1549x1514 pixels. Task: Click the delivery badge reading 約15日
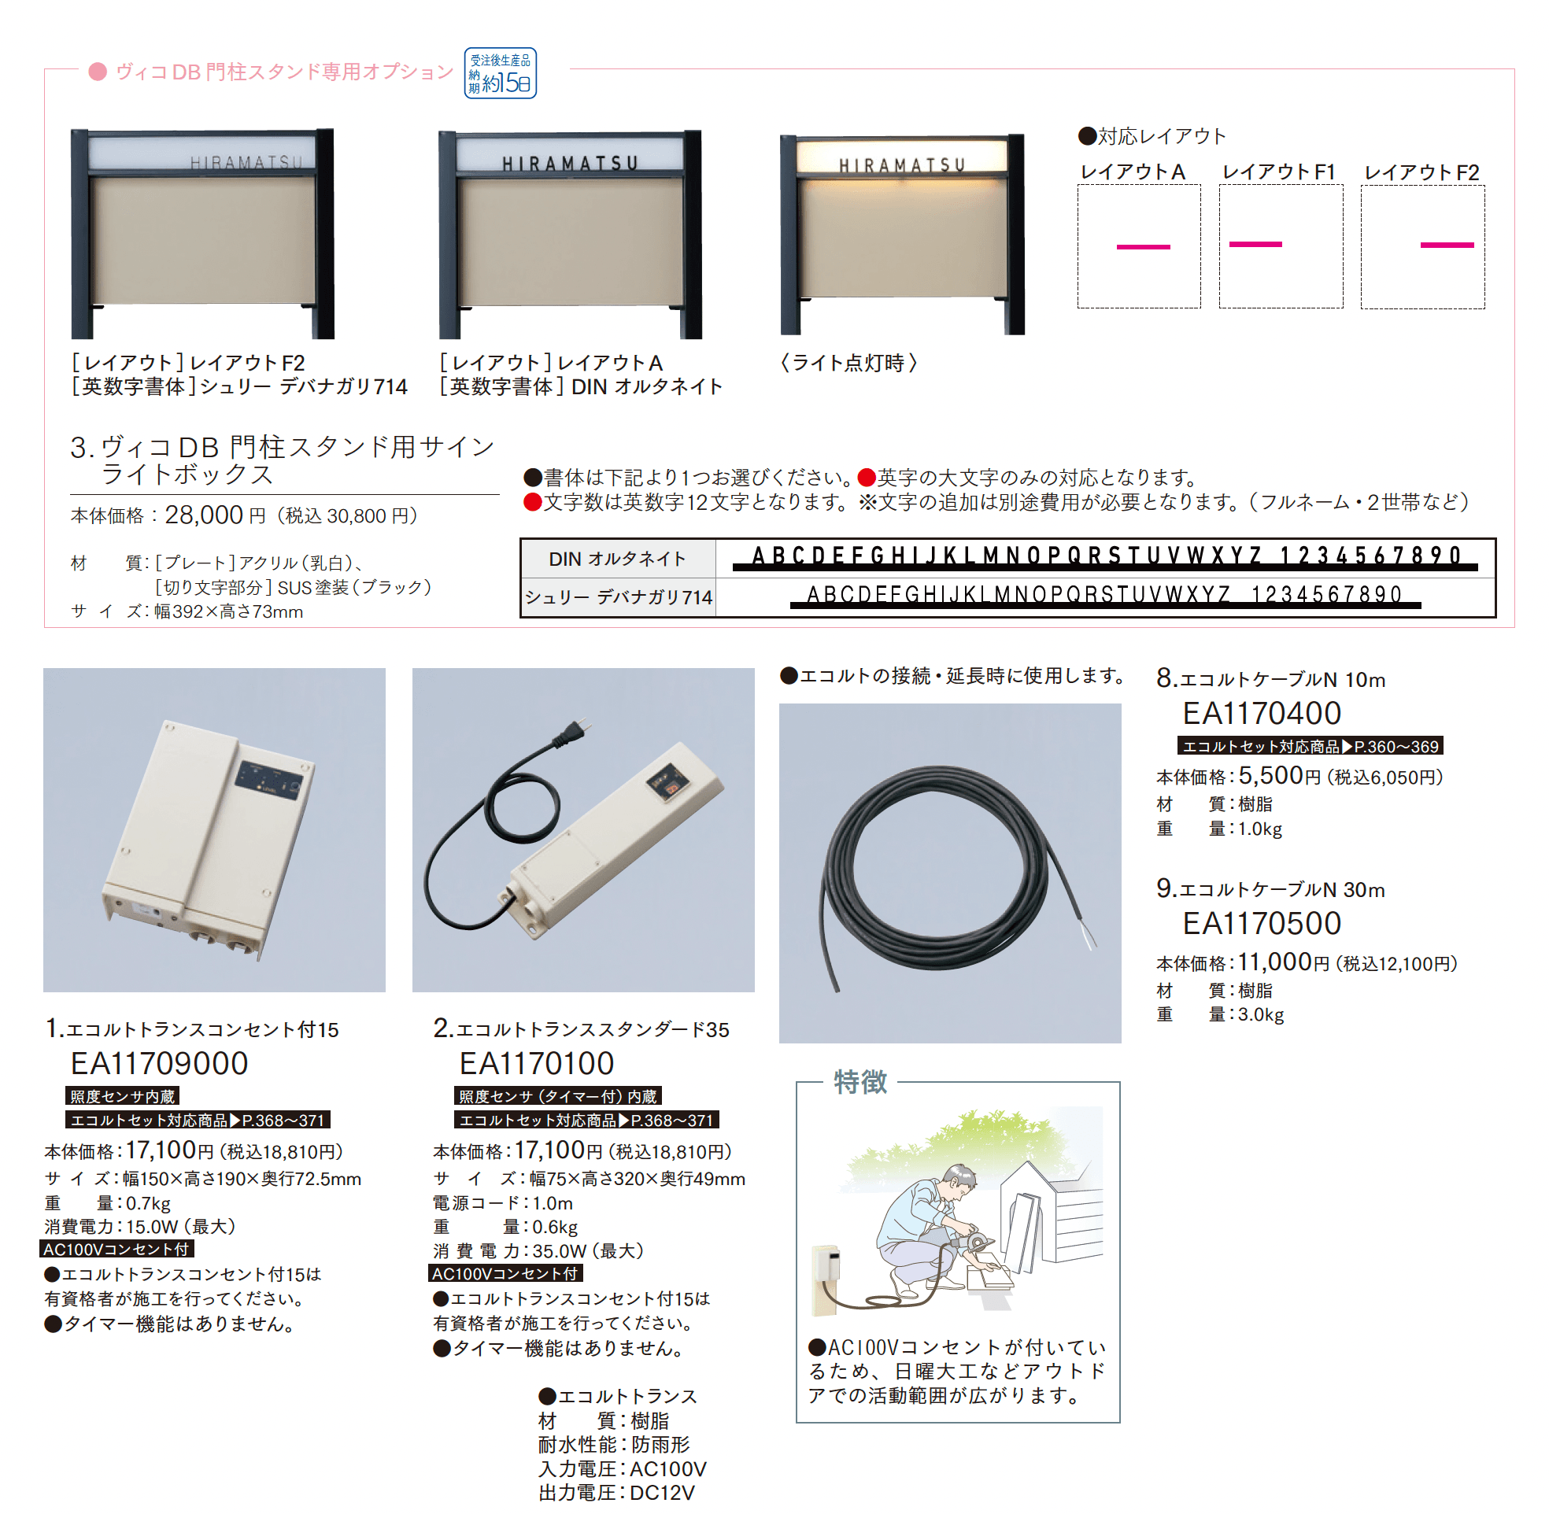[x=500, y=73]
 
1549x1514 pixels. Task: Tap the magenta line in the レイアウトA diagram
[x=1143, y=247]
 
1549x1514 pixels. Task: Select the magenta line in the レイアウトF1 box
[x=1255, y=244]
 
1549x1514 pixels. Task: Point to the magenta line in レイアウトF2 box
[x=1447, y=245]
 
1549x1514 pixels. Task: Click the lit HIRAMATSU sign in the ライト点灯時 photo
[x=902, y=164]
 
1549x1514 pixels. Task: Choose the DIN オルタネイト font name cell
[x=617, y=559]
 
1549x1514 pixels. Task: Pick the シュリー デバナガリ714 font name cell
[x=618, y=597]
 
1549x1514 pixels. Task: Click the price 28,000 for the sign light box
[x=204, y=515]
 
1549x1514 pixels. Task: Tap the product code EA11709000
[x=159, y=1064]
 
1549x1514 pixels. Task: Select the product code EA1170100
[x=537, y=1064]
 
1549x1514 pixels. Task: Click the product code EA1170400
[x=1261, y=713]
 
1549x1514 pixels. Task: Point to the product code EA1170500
[x=1261, y=923]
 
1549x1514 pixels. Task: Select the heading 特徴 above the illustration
[x=860, y=1082]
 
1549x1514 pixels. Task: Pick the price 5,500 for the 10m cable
[x=1270, y=776]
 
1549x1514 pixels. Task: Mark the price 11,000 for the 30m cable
[x=1274, y=962]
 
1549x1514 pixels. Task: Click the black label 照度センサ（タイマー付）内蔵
[x=557, y=1096]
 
